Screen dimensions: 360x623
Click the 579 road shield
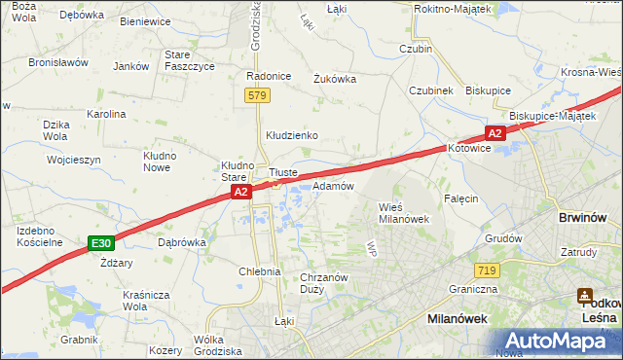tap(257, 95)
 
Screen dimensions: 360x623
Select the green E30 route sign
tap(99, 242)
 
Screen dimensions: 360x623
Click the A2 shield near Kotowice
tap(495, 133)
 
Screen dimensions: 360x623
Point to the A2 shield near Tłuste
tap(242, 194)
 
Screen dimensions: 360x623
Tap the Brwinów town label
tap(583, 219)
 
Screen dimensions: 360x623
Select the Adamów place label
tap(333, 185)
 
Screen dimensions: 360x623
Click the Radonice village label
tap(270, 76)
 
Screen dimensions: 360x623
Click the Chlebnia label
tap(260, 271)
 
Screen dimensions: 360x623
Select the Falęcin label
tap(461, 198)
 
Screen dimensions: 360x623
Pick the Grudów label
tap(503, 237)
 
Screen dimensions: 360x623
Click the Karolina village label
tap(106, 114)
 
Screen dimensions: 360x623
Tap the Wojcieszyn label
tap(73, 158)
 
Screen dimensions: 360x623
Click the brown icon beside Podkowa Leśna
tap(585, 295)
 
